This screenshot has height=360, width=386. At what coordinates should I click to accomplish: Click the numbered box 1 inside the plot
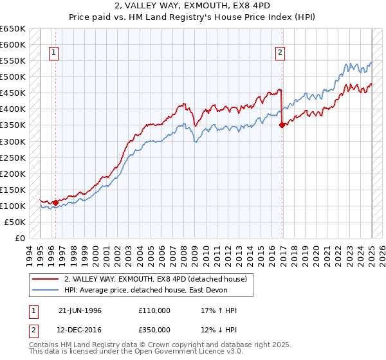click(x=54, y=53)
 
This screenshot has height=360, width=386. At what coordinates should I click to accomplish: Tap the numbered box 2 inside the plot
click(x=280, y=53)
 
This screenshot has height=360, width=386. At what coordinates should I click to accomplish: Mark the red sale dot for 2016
click(x=282, y=125)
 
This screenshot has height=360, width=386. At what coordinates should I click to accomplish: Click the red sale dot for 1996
click(x=55, y=203)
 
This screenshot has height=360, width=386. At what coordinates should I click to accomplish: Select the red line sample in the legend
click(x=46, y=279)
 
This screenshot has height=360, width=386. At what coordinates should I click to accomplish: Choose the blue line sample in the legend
click(x=46, y=291)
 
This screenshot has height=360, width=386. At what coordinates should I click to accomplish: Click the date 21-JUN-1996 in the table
click(x=80, y=310)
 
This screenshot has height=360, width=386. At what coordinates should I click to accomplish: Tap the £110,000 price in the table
click(x=154, y=310)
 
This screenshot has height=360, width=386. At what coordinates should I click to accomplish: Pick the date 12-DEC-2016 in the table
click(x=80, y=331)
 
